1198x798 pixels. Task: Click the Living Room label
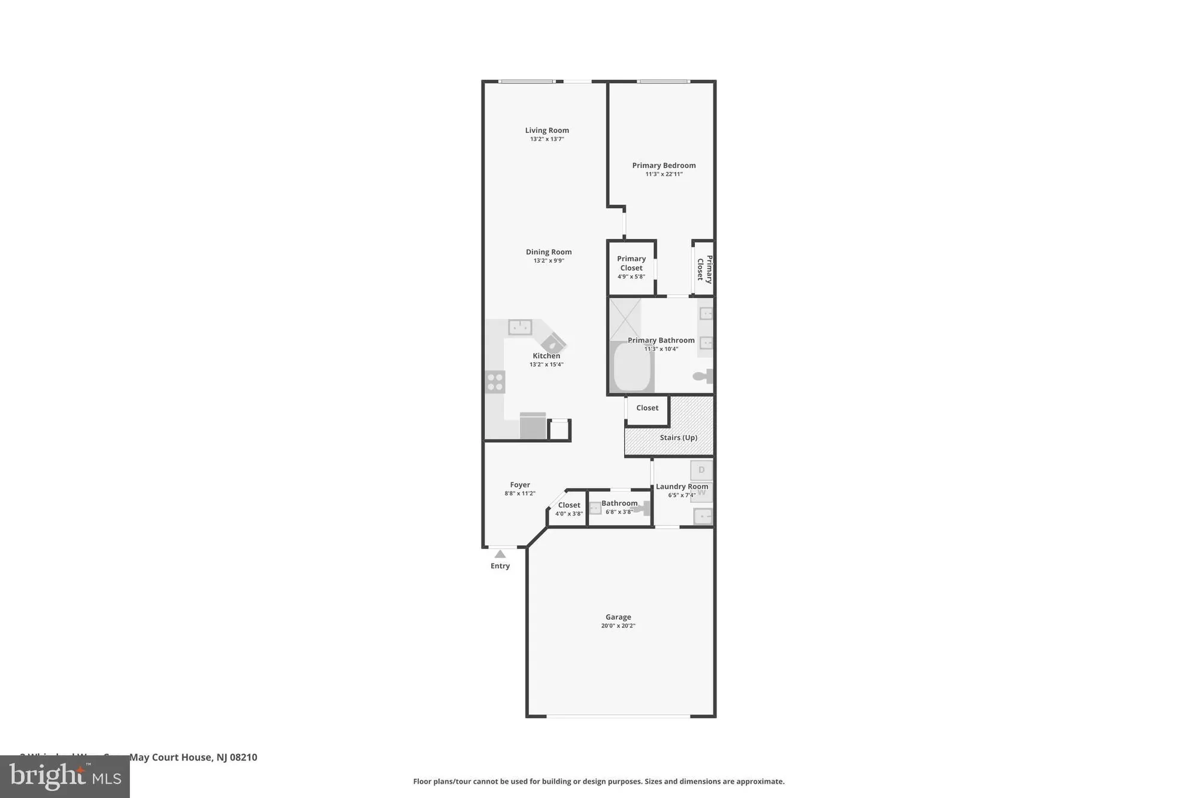tap(547, 130)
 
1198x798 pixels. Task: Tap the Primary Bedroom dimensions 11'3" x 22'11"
tap(664, 174)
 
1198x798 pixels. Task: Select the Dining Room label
tap(549, 252)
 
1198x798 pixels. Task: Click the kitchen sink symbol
tap(520, 327)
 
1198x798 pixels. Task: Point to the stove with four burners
tap(495, 382)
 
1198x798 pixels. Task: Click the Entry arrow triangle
tap(500, 554)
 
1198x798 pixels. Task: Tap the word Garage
tap(618, 617)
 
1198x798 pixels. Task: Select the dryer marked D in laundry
tap(701, 470)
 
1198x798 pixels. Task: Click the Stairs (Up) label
tap(678, 438)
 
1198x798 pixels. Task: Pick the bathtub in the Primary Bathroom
tap(632, 366)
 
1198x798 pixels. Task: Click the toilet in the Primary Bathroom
tap(703, 377)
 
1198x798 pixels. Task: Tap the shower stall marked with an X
tap(625, 319)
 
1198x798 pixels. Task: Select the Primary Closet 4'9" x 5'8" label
tap(631, 267)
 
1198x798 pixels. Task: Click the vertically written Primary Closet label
tap(704, 269)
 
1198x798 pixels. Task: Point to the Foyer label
tap(520, 485)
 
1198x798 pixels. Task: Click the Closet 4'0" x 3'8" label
tap(569, 508)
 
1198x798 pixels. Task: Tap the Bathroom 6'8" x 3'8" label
tap(619, 506)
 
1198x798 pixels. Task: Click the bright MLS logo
tap(65, 776)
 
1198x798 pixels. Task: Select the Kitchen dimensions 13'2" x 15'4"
tap(546, 365)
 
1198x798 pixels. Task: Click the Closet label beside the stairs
tap(647, 408)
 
